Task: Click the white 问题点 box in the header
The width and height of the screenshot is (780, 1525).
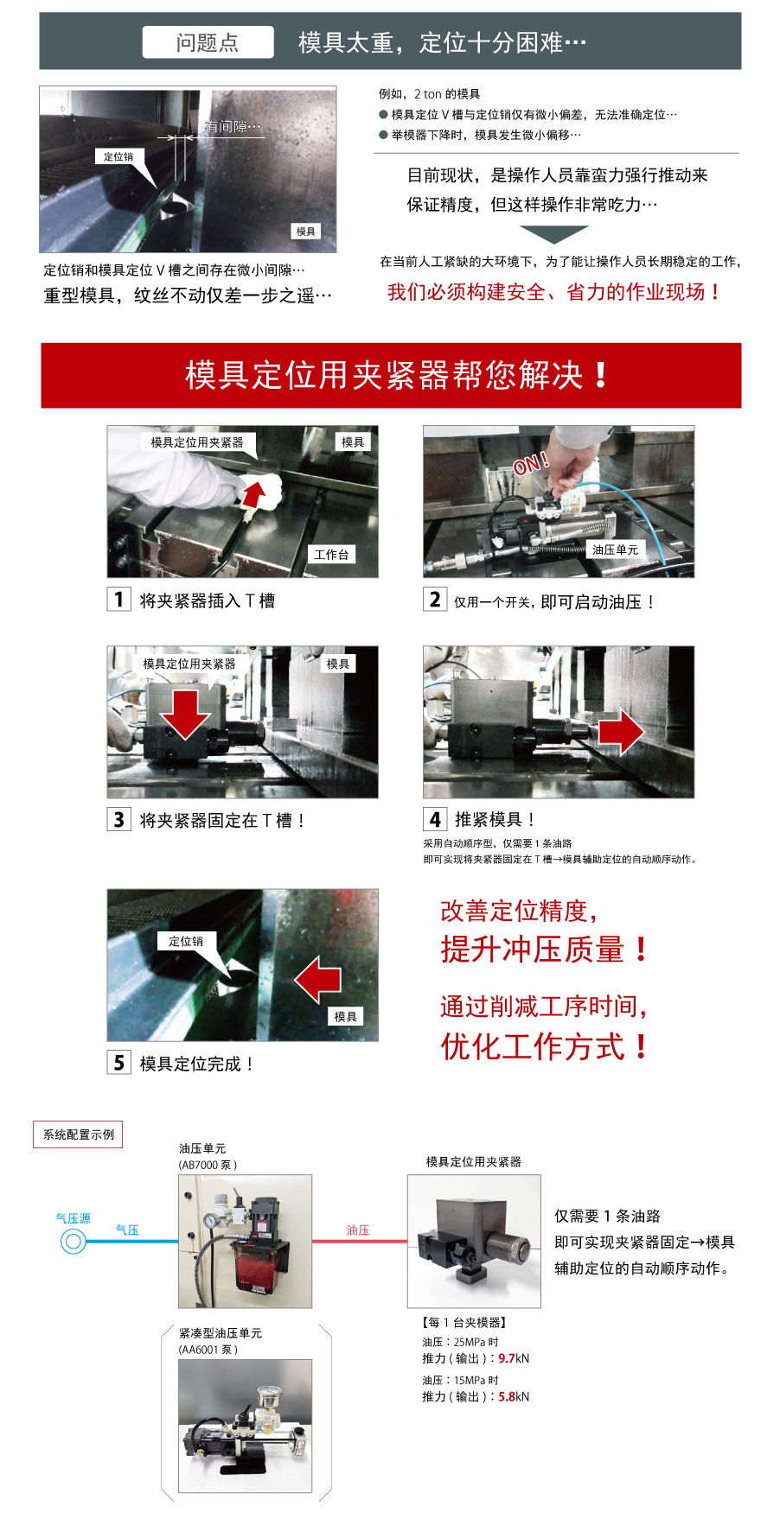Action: click(208, 42)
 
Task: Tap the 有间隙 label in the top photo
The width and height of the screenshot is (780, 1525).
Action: click(233, 127)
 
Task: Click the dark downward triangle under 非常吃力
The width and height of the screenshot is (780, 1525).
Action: click(554, 234)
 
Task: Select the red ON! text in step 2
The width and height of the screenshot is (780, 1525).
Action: click(531, 464)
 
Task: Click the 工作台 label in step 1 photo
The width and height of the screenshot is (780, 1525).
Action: click(331, 555)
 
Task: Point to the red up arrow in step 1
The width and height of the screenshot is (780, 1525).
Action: click(253, 494)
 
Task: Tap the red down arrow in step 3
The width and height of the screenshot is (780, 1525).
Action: click(185, 714)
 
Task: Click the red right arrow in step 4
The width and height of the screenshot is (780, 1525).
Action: click(621, 732)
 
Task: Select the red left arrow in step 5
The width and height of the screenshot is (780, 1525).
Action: click(317, 979)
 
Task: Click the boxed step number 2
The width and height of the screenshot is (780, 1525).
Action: click(435, 600)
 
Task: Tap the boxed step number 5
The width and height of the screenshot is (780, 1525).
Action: click(118, 1063)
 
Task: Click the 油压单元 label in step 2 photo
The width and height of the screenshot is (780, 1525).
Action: click(615, 550)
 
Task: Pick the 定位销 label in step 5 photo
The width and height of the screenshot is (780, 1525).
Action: click(186, 941)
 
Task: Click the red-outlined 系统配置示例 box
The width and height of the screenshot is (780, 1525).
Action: click(79, 1134)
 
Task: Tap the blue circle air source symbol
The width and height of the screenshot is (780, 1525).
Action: click(74, 1242)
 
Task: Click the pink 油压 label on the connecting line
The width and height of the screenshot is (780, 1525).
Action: click(358, 1230)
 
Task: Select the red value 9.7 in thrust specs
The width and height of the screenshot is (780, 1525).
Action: click(507, 1358)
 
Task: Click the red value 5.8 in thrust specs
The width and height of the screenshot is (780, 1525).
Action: click(507, 1396)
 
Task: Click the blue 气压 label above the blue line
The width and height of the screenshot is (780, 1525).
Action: click(127, 1230)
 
